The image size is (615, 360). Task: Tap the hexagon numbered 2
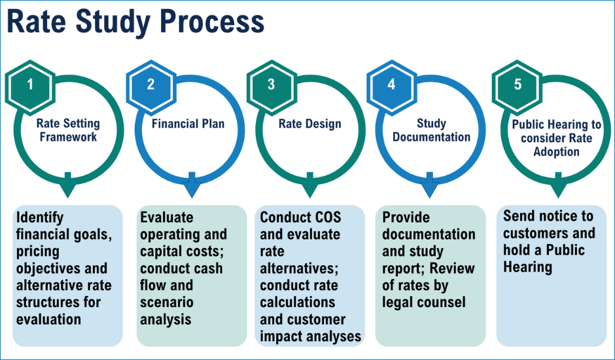click(151, 85)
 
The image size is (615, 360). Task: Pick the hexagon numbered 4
click(392, 85)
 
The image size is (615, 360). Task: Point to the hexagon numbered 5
click(518, 85)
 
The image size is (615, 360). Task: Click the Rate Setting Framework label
click(67, 130)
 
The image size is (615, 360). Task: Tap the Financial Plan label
click(188, 124)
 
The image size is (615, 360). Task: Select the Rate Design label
click(309, 124)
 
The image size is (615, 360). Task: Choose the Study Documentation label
click(431, 130)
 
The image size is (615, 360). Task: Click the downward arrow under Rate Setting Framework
click(67, 186)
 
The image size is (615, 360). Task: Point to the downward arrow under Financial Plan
click(189, 186)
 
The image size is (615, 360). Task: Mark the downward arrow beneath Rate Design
click(310, 186)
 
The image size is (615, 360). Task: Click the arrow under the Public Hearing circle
click(557, 186)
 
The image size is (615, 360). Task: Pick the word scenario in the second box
click(167, 302)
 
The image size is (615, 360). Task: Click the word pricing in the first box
click(38, 251)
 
